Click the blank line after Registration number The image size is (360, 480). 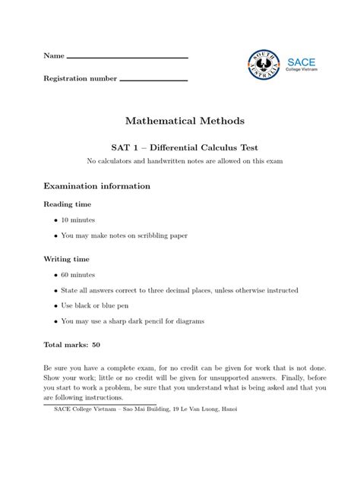coord(153,80)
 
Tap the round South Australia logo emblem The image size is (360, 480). coord(264,66)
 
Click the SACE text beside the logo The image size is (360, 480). coord(301,61)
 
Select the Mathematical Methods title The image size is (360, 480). coord(180,121)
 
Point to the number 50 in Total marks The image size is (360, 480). coord(96,345)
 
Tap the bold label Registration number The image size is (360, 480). coord(80,78)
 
